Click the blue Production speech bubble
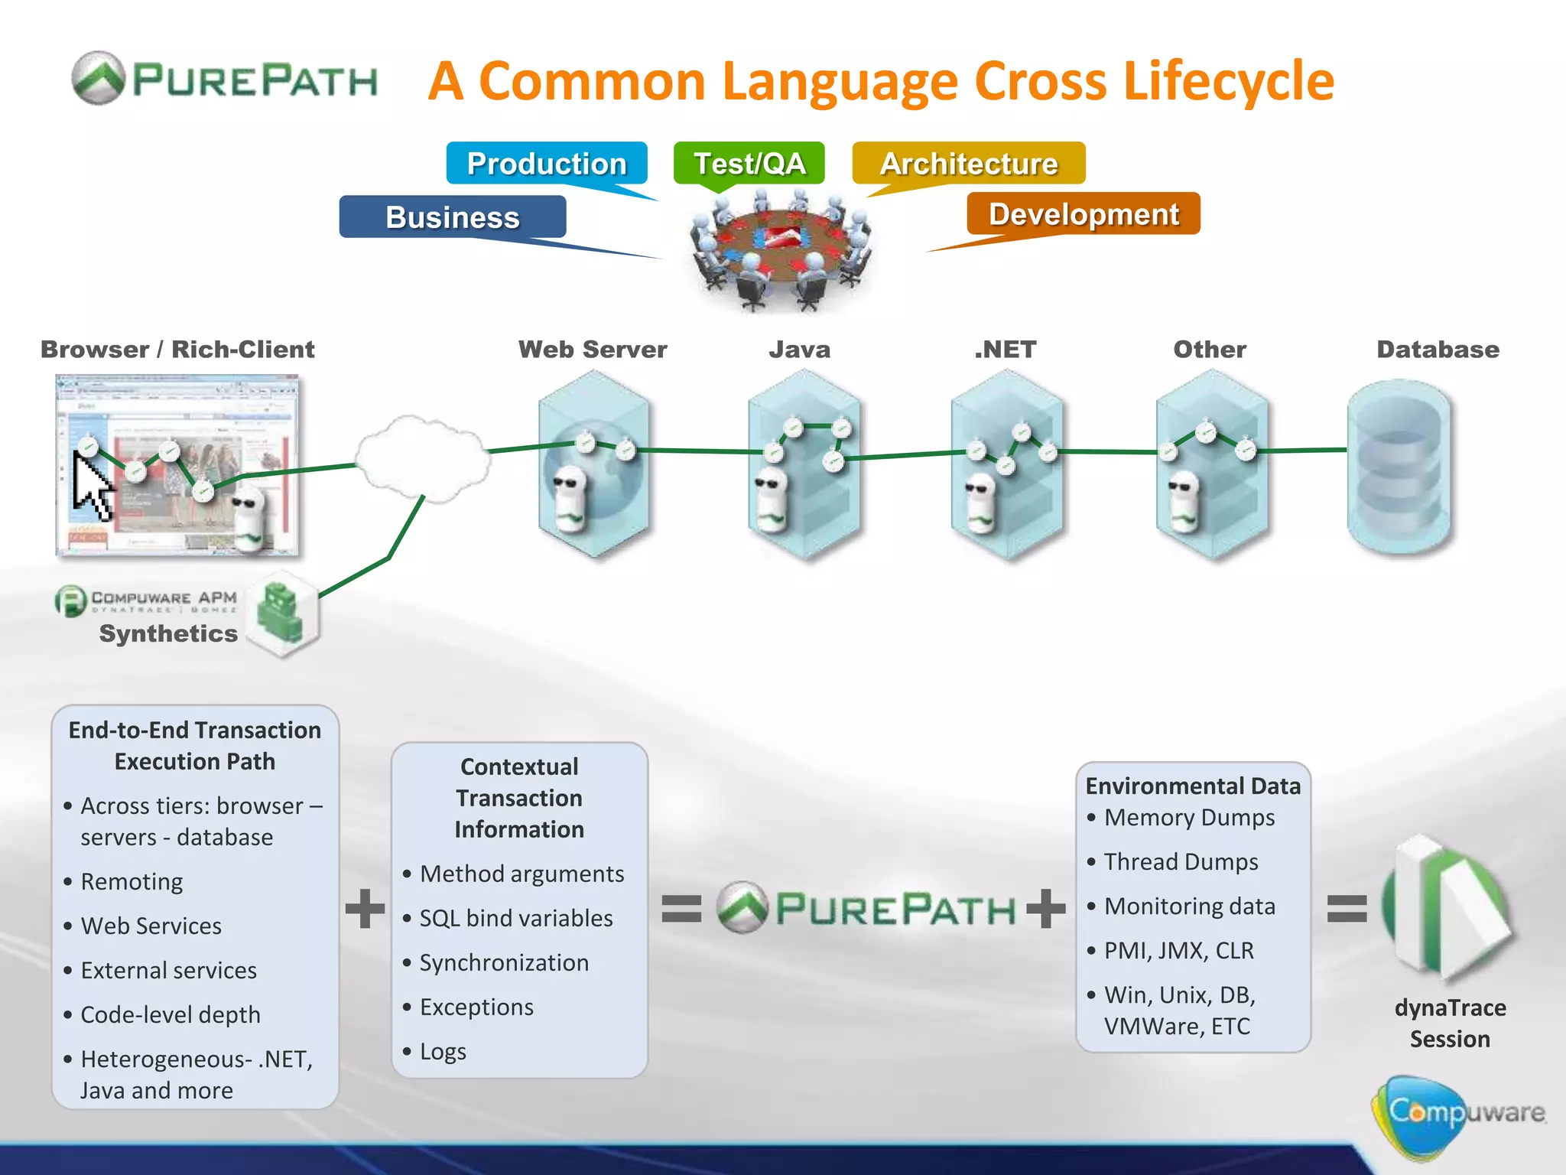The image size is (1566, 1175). coord(547,163)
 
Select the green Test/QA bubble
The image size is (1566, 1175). coord(749,163)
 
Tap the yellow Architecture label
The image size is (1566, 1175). coord(968,163)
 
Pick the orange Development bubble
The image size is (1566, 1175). coord(1084,213)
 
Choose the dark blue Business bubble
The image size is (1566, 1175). coord(453,217)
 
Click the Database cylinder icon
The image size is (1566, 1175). coord(1399,467)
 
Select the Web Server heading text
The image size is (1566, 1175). coord(593,350)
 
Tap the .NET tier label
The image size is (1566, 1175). coord(1005,350)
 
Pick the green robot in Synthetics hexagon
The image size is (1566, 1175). coord(279,612)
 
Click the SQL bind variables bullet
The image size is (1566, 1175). coord(515,918)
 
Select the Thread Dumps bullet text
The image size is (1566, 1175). coord(1181,861)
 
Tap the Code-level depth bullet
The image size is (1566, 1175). coord(170,1014)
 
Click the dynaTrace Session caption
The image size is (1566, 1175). coord(1450,1024)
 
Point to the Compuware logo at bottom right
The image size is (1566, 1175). coord(1457,1113)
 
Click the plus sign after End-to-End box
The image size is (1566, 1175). coord(365,908)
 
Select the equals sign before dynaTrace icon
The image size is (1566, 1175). coord(1347,908)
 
